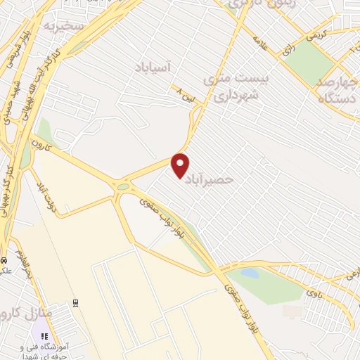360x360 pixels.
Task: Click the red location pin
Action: click(x=181, y=165)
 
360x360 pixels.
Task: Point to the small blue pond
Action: click(x=248, y=272)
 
